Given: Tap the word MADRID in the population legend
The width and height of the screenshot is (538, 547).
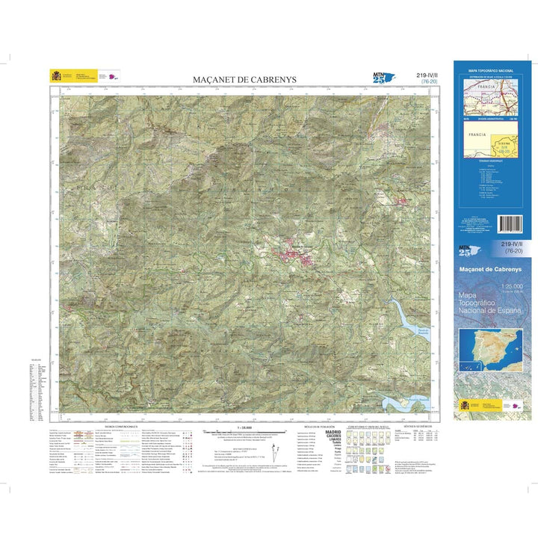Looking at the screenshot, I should (332, 432).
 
